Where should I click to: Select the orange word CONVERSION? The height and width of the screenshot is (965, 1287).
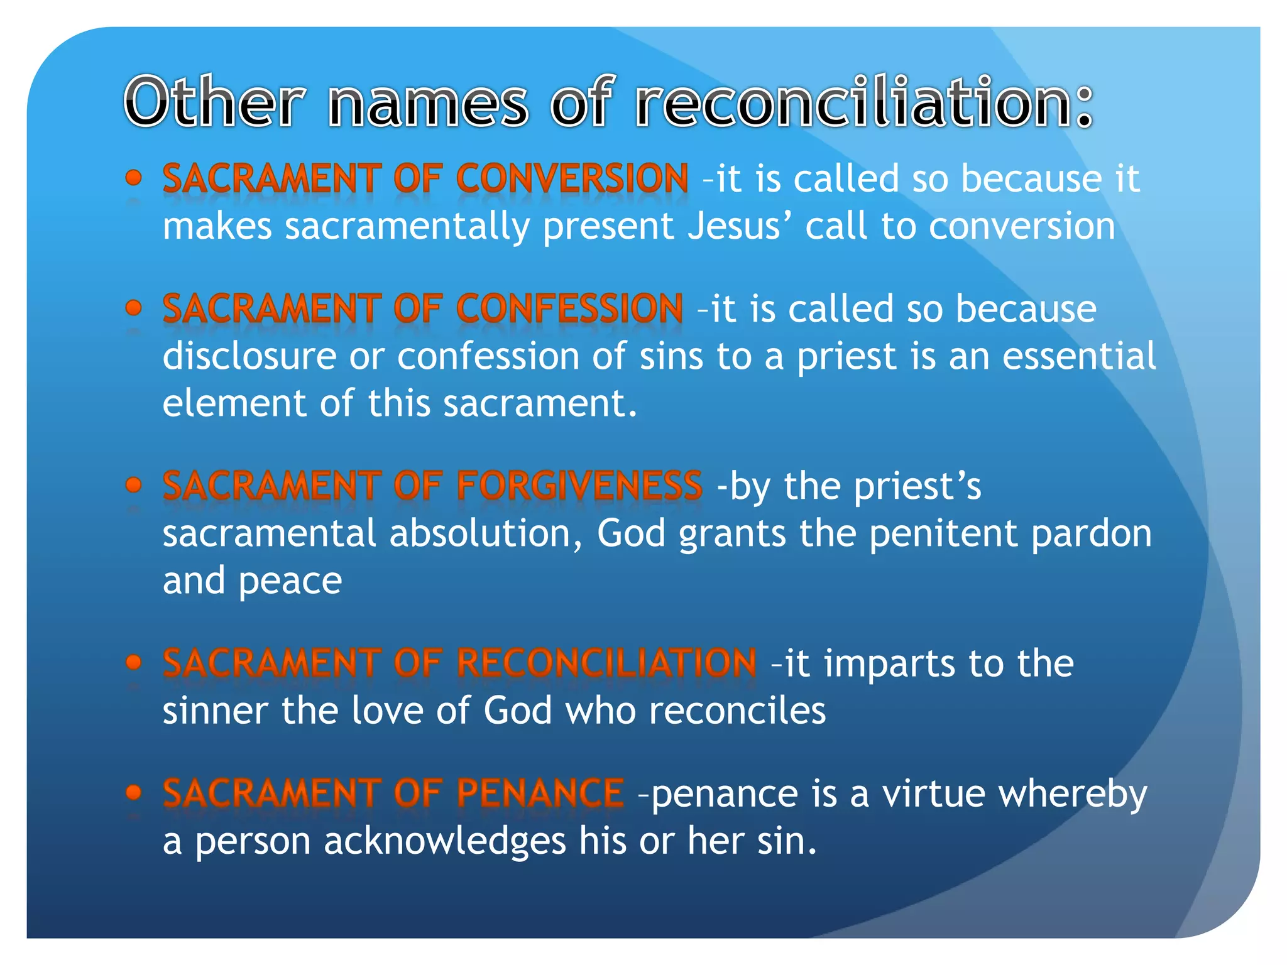(x=572, y=178)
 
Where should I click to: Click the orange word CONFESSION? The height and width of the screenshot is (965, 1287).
(x=569, y=308)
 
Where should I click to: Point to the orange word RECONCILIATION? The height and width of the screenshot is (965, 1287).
(x=606, y=663)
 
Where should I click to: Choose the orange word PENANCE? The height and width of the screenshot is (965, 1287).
(x=540, y=793)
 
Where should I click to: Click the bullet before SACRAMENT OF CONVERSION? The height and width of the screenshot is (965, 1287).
(x=133, y=178)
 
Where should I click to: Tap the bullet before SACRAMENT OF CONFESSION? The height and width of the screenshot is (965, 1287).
(x=133, y=308)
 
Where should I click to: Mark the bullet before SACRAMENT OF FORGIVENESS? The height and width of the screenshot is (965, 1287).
(x=133, y=485)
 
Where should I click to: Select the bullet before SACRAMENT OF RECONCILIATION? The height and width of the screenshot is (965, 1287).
(x=133, y=662)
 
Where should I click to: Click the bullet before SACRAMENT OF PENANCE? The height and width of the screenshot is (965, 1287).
(x=133, y=792)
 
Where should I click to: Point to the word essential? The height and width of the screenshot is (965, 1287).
(x=1078, y=356)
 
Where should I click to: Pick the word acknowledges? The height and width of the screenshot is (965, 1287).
(x=444, y=841)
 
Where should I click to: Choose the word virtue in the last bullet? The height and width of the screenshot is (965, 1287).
(x=933, y=793)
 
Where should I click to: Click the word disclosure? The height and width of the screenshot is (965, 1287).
(x=249, y=356)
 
